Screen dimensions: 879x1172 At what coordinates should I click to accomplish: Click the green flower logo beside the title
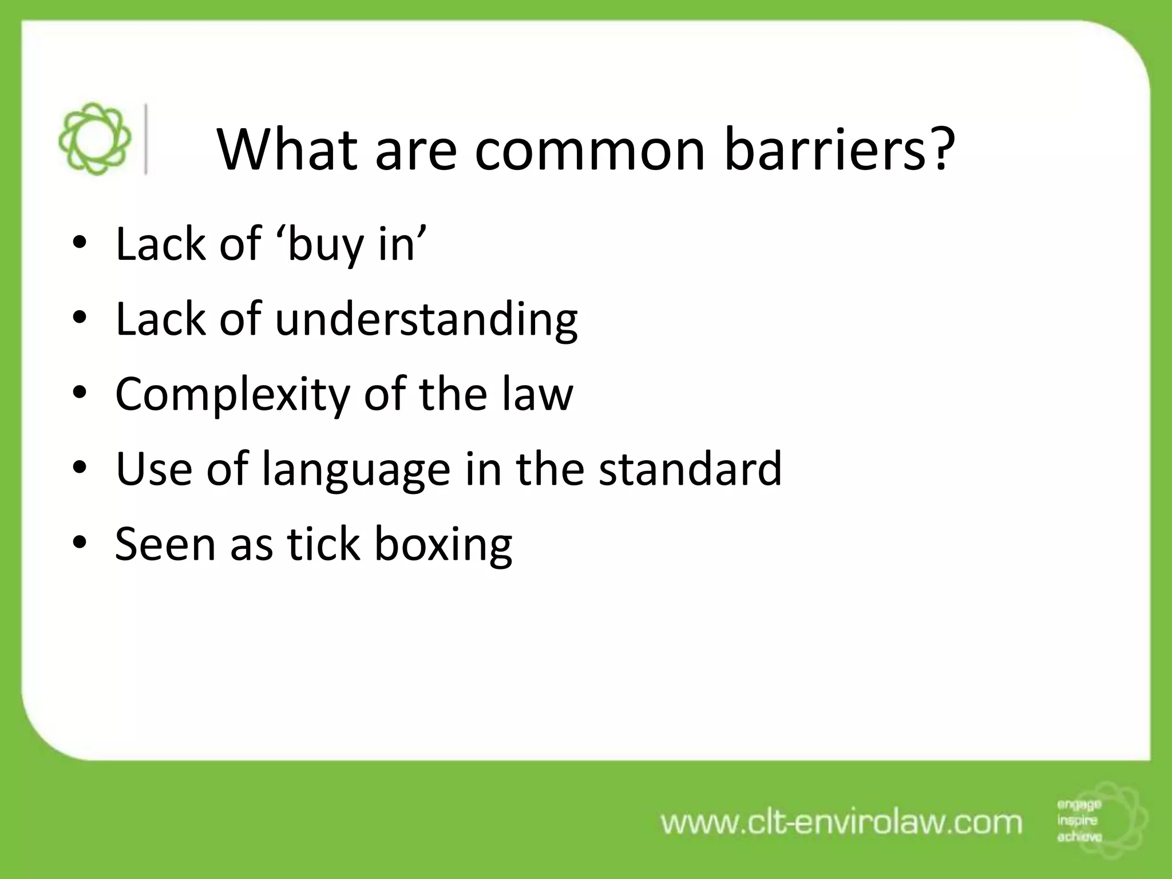point(94,139)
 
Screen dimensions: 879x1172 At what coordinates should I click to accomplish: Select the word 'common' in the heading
point(590,151)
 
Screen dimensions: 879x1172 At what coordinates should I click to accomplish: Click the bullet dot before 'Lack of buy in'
point(80,245)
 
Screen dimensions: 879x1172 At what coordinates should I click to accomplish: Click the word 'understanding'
point(426,319)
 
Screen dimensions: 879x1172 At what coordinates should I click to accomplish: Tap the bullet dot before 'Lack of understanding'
point(80,318)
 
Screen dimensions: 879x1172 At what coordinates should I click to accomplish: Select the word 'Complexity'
point(232,395)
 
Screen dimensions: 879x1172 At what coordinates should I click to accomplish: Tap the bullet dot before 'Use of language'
point(80,468)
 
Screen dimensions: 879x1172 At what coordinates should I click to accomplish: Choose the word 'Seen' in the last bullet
point(165,544)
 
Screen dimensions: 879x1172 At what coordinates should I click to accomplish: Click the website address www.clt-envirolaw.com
point(841,822)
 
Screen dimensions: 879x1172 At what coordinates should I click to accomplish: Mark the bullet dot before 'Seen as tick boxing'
point(80,543)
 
